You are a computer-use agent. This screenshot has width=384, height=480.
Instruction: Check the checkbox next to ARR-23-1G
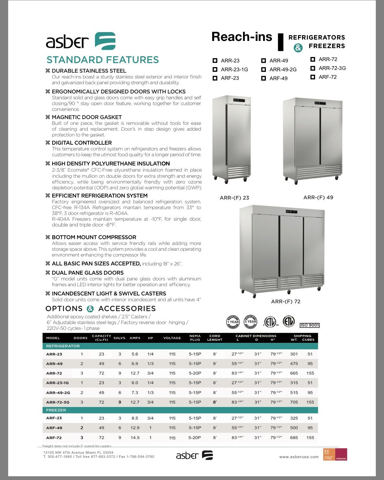point(215,70)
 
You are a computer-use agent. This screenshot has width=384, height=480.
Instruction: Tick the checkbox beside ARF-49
point(264,78)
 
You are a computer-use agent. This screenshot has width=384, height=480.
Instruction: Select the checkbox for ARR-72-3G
point(313,68)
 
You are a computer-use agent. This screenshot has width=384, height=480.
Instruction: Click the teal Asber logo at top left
point(105,41)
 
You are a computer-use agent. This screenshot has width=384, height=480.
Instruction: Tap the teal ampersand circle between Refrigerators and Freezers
point(298,48)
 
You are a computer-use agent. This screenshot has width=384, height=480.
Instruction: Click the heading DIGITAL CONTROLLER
point(82,143)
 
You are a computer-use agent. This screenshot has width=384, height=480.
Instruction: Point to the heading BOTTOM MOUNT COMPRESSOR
point(94,237)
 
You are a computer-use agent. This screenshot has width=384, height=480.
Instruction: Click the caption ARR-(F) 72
point(286,302)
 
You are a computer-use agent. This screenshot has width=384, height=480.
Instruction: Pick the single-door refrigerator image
point(231,139)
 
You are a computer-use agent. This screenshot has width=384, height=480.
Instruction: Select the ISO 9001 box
point(310,325)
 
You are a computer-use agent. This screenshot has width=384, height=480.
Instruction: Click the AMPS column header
point(135,338)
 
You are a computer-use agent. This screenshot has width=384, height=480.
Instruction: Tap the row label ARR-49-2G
point(58,393)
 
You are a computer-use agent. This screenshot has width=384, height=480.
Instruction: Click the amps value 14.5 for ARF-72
point(135,438)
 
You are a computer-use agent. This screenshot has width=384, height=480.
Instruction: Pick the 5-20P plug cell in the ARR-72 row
point(195,373)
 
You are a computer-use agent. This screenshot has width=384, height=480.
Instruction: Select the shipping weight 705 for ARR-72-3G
point(294,402)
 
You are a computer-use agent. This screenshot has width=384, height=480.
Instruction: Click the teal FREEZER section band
point(181,410)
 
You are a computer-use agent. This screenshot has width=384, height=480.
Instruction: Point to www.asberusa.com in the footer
point(299,457)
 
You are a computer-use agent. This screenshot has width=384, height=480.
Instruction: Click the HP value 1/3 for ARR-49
point(151,364)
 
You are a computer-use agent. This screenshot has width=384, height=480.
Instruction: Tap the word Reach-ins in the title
point(242,37)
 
